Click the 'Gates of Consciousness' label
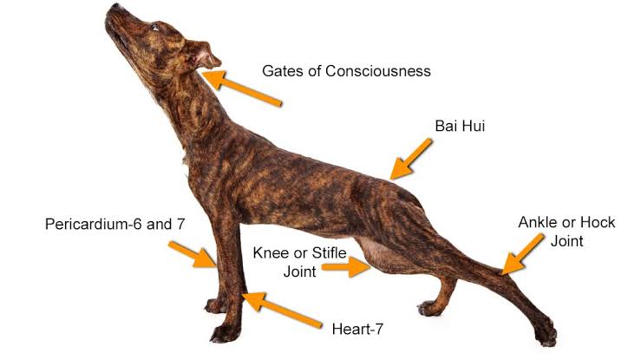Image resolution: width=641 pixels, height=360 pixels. [346, 71]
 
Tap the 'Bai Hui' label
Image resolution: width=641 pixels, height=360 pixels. [460, 126]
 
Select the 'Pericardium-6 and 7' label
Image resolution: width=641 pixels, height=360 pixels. [114, 224]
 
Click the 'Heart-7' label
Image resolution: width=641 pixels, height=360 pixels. [357, 329]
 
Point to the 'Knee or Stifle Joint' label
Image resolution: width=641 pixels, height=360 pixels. [299, 262]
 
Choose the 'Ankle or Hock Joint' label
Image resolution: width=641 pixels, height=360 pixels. [566, 232]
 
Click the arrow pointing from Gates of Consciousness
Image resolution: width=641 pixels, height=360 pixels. [242, 88]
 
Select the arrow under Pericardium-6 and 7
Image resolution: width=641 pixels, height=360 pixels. [193, 254]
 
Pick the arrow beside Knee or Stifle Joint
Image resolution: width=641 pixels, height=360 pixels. [346, 267]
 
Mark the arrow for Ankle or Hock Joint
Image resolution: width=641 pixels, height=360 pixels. [522, 254]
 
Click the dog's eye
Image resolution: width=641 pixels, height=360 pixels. [155, 28]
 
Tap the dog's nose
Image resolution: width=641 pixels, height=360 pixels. [116, 7]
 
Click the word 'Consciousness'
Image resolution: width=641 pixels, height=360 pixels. [377, 71]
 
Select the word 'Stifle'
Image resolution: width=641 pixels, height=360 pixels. [329, 253]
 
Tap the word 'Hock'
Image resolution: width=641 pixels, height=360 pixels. [598, 222]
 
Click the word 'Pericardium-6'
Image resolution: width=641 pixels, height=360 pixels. [94, 224]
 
